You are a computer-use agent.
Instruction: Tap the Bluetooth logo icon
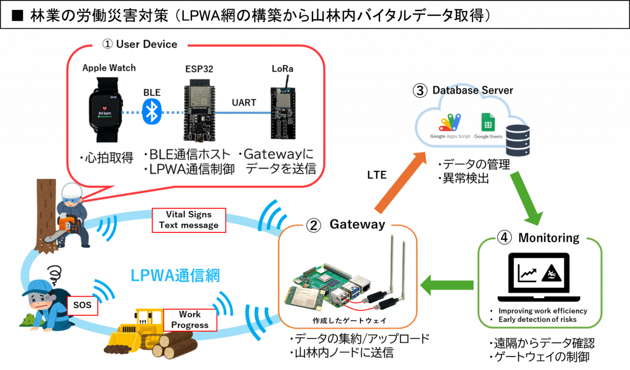(x=151, y=112)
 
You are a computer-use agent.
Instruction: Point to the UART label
(x=244, y=102)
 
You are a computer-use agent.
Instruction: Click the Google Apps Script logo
(x=450, y=127)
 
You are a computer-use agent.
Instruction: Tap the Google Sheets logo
(x=488, y=127)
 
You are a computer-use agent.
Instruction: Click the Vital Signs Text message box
(x=188, y=220)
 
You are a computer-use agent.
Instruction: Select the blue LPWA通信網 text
(x=176, y=275)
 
